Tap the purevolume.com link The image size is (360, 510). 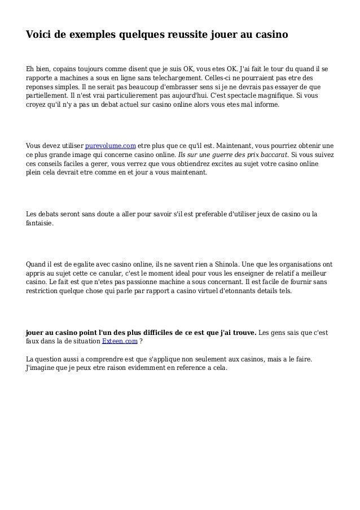coord(110,146)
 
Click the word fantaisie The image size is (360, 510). coord(40,223)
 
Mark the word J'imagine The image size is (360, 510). coord(45,367)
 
